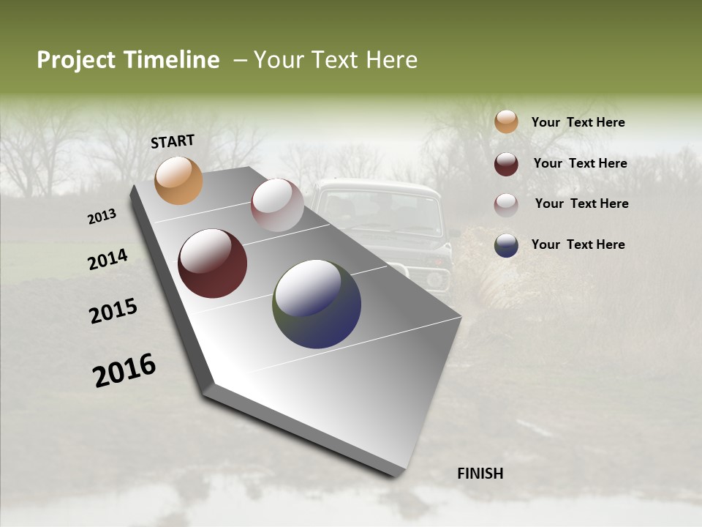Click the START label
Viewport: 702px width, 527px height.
(x=173, y=141)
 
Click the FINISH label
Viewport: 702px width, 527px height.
(x=480, y=474)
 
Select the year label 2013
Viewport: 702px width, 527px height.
(x=102, y=217)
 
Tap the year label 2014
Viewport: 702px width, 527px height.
(x=108, y=259)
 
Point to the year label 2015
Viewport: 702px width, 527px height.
(x=113, y=311)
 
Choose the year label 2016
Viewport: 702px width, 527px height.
(x=124, y=370)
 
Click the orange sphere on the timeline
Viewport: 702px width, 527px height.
(x=179, y=180)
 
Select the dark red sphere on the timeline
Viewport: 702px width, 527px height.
(x=213, y=263)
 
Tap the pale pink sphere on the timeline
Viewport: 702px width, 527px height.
(x=277, y=205)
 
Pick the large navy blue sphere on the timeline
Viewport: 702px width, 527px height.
(x=317, y=304)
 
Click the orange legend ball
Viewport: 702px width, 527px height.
(x=506, y=122)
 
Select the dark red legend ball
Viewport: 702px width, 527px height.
(x=506, y=164)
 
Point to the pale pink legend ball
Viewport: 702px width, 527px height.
(x=506, y=205)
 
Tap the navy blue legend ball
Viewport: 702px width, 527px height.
(x=506, y=245)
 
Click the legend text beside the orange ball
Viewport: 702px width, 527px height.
(x=578, y=122)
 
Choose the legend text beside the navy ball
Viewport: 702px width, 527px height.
(x=578, y=244)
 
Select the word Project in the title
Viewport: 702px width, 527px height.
(x=76, y=60)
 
